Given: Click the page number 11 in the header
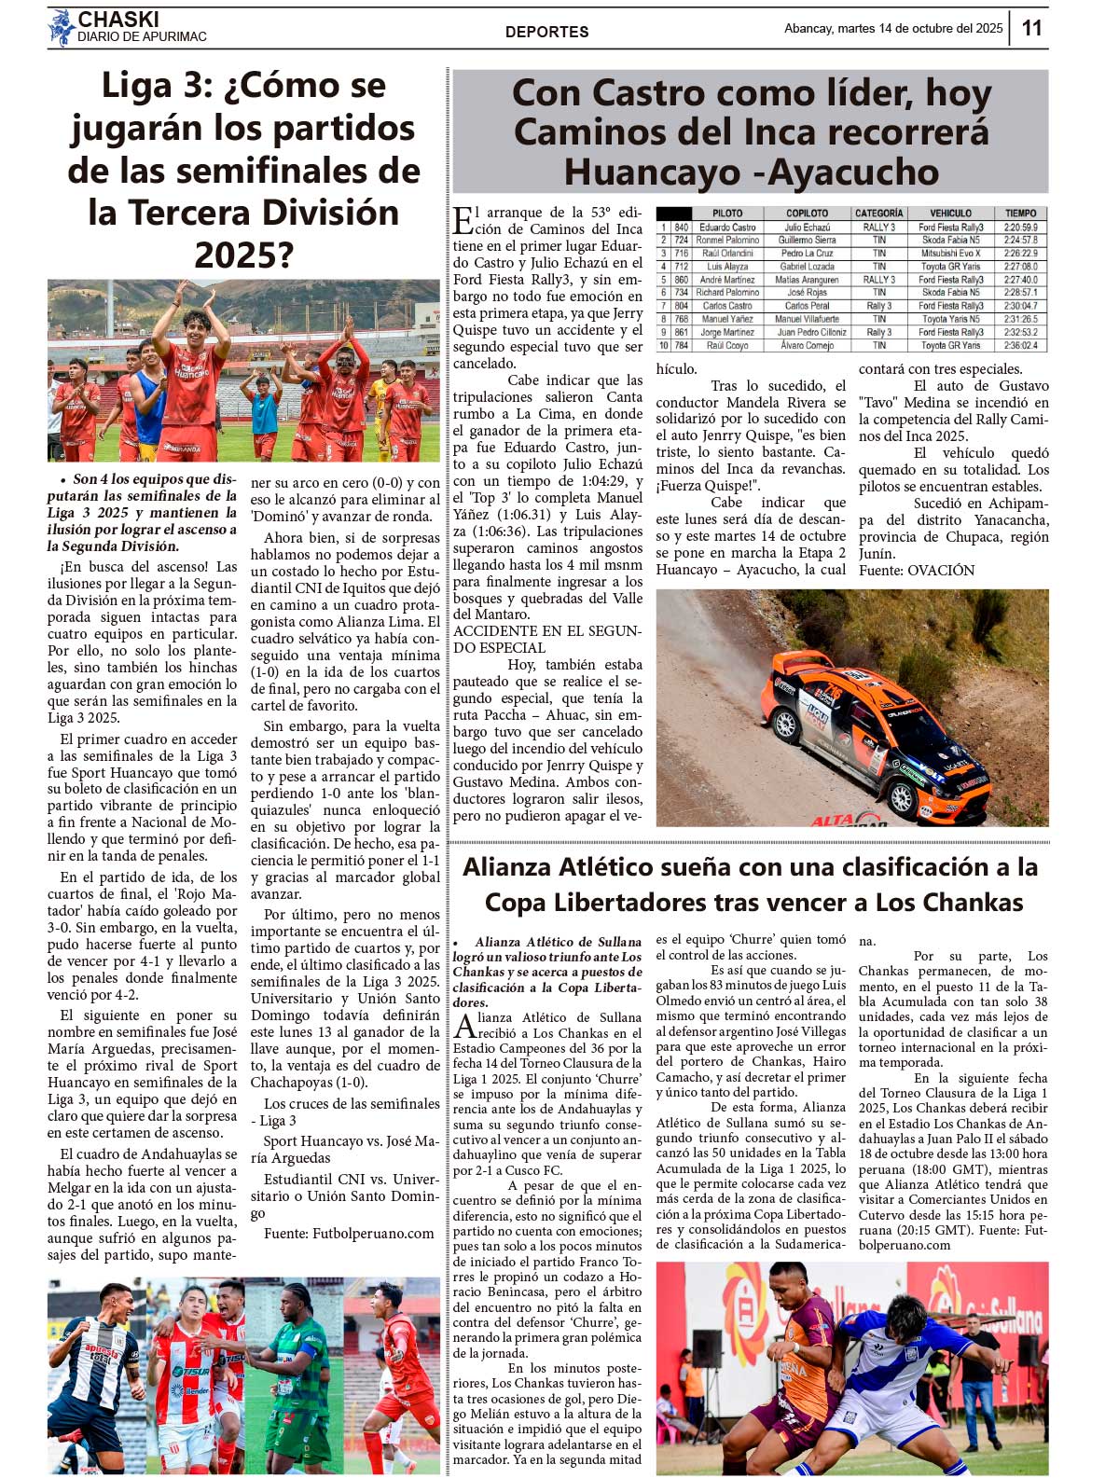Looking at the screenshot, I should pos(1031,28).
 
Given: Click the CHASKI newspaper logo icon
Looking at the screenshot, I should pos(62,28).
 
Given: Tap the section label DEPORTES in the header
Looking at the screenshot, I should pos(546,32).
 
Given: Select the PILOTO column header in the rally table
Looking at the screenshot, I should pos(727,214).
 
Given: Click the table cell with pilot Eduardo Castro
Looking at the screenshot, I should pos(727,228).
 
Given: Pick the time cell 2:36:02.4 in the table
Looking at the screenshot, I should pos(1020,345).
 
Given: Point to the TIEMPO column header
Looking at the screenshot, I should pos(1020,214).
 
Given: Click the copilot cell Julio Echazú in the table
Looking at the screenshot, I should pos(807,228).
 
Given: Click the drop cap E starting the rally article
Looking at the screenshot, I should pos(463,222).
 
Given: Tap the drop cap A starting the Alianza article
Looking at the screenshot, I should pos(464,1026).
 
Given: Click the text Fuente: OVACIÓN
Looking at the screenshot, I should pos(916,570).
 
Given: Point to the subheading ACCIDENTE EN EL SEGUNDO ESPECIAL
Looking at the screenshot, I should pos(546,640).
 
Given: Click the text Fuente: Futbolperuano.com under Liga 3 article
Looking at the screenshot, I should pos(349,1233).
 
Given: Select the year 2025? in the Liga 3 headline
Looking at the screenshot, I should pos(243,255).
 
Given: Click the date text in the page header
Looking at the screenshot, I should pos(892,28).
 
